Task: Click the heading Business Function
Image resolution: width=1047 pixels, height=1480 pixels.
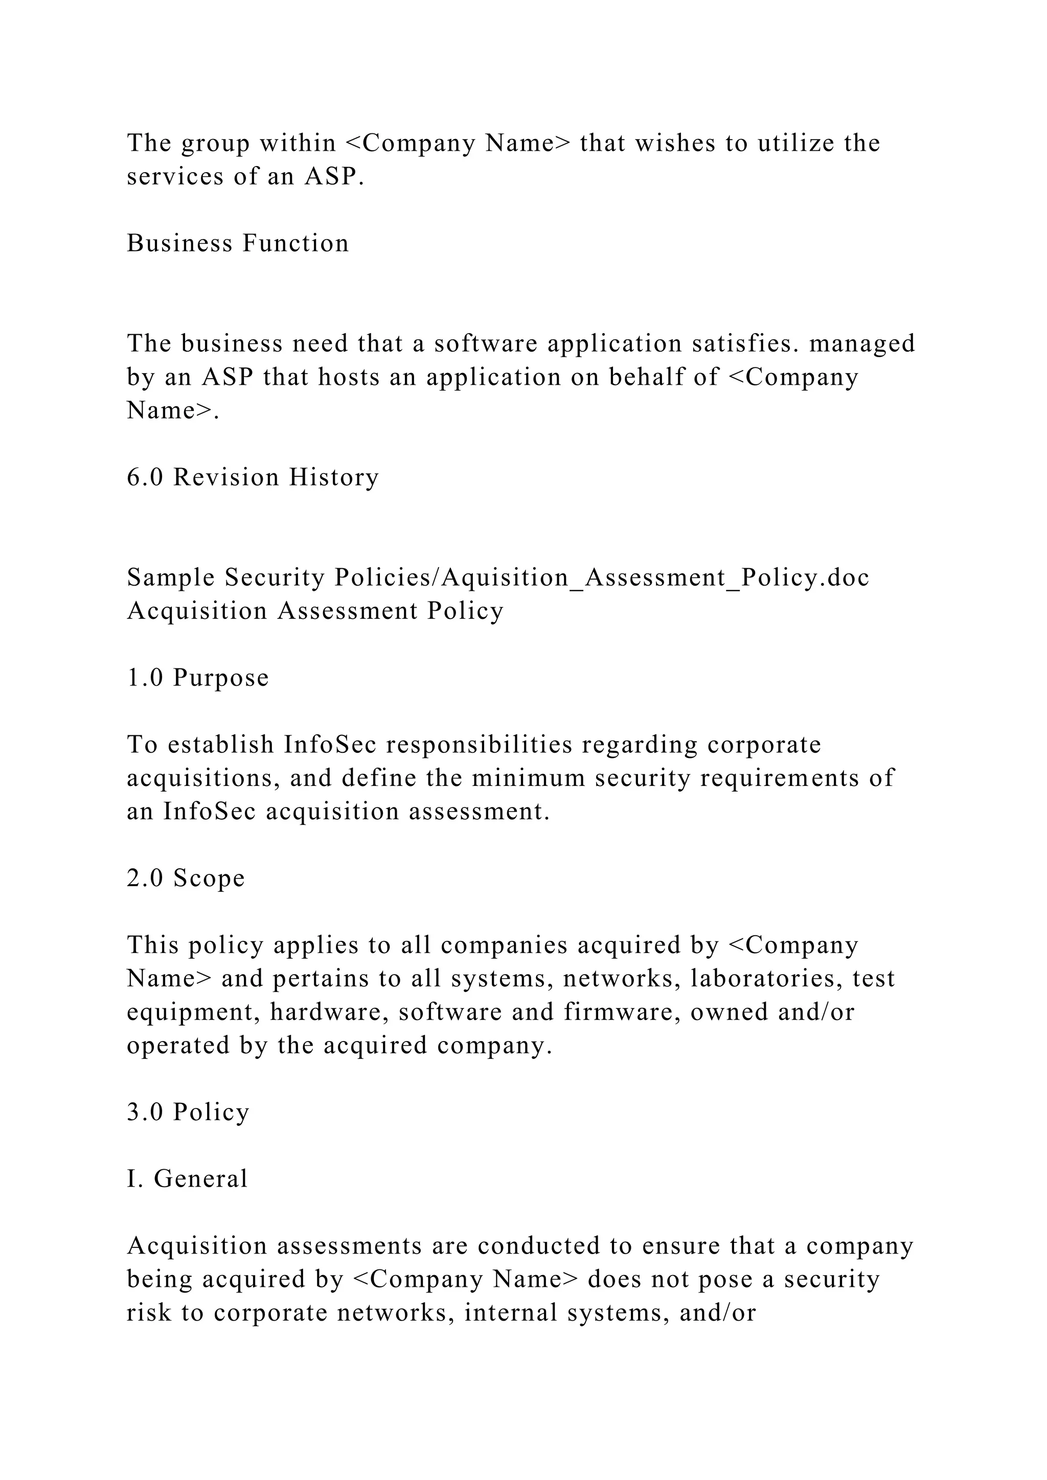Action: tap(237, 244)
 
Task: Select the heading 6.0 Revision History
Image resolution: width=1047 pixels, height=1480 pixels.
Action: tap(253, 478)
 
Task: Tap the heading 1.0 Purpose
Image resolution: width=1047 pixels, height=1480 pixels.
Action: tap(197, 678)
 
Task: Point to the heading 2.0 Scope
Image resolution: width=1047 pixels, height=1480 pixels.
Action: tap(186, 878)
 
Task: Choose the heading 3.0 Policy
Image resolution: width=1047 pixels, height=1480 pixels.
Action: tap(188, 1113)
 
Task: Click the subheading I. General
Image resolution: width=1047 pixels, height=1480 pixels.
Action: tap(187, 1179)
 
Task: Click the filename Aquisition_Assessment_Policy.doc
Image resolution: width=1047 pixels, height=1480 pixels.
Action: tap(656, 577)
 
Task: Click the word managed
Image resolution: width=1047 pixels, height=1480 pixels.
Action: tap(862, 343)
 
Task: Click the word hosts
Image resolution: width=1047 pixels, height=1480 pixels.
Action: tap(349, 377)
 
